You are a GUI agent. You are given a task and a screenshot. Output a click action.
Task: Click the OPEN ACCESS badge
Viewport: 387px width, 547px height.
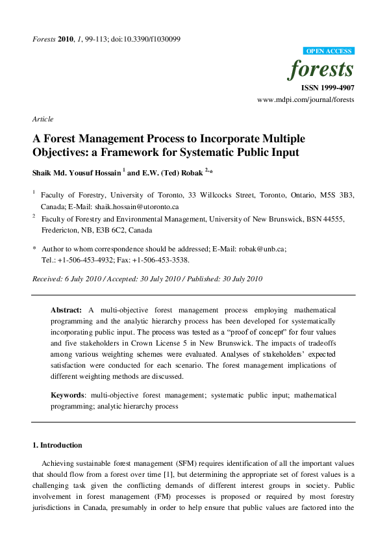point(329,51)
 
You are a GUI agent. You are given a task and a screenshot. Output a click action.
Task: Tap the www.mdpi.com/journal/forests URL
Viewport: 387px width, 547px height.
point(306,99)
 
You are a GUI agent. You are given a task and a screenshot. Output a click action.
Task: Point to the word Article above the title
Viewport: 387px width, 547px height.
point(43,119)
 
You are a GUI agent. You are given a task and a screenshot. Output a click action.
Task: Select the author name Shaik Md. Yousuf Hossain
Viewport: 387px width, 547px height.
point(76,172)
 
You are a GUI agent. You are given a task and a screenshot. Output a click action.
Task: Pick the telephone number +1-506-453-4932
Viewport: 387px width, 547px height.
point(87,260)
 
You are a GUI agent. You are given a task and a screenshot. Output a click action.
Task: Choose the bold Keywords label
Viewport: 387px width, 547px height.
point(68,395)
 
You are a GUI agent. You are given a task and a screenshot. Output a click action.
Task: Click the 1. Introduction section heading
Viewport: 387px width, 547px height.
point(57,445)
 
